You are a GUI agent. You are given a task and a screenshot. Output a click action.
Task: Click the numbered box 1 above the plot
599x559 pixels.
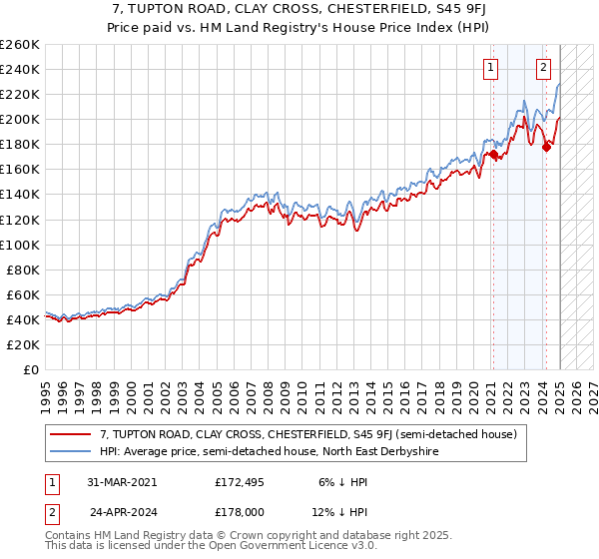pos(491,68)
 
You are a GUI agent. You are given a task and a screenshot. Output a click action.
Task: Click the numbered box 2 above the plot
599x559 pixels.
pos(543,68)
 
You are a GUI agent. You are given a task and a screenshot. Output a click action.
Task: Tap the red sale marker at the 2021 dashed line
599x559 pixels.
pos(492,154)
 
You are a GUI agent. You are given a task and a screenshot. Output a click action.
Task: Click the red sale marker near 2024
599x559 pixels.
pos(546,147)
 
